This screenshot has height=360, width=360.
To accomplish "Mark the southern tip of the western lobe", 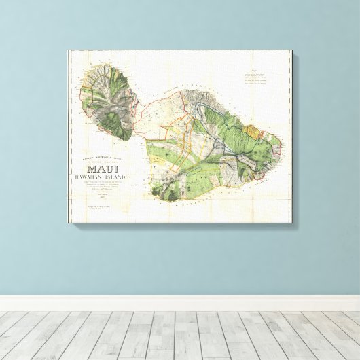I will [124, 139].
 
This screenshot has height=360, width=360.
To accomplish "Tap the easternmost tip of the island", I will [281, 144].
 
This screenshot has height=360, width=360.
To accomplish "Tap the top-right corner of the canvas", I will [291, 50].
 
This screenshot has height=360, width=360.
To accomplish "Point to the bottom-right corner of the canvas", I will [291, 222].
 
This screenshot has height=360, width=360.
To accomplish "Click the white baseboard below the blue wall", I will [180, 303].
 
